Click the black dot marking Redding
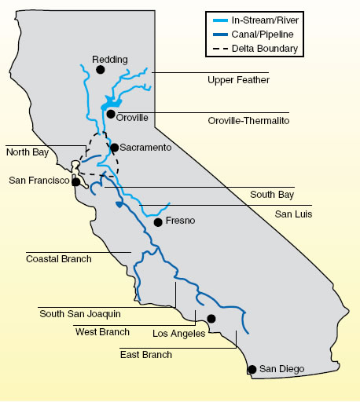pos(101,70)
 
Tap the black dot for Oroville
pos(111,114)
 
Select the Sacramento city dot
pos(114,148)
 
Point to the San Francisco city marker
pos(76,181)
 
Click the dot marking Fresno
pos(158,222)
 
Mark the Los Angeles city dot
pos(211,319)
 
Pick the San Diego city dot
pos(252,369)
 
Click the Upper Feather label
pos(238,80)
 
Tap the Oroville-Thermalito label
pos(248,121)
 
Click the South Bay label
pos(272,194)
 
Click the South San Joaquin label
pos(80,313)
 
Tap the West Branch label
pos(102,332)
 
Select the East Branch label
pos(145,355)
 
